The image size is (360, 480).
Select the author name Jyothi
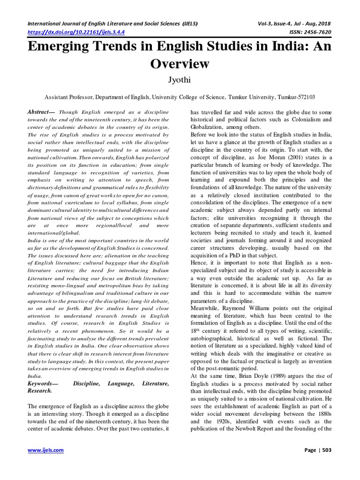click(180, 81)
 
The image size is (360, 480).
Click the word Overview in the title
click(180, 63)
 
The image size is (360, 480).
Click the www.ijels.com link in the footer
click(45, 450)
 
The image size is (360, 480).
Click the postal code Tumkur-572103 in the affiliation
click(292, 97)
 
